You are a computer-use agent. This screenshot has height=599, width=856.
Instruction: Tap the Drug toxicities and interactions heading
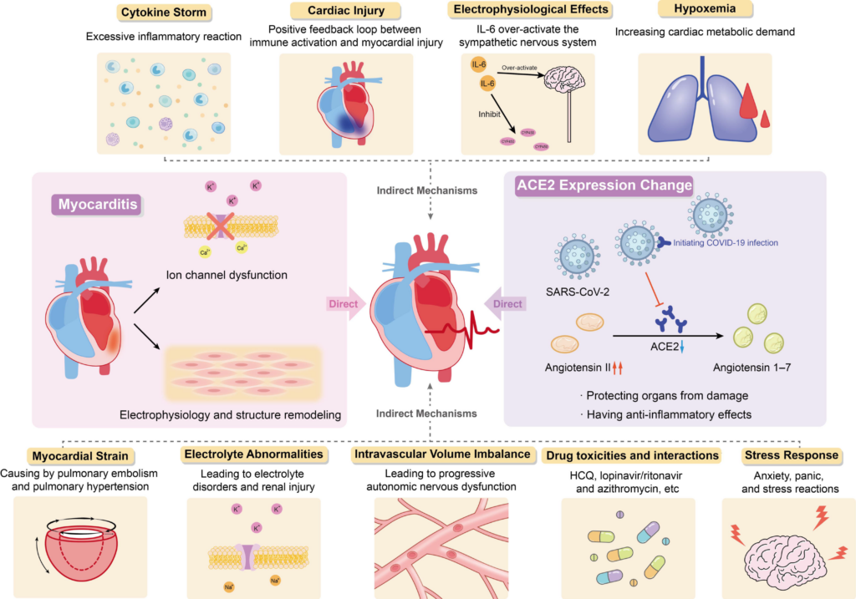coord(631,456)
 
